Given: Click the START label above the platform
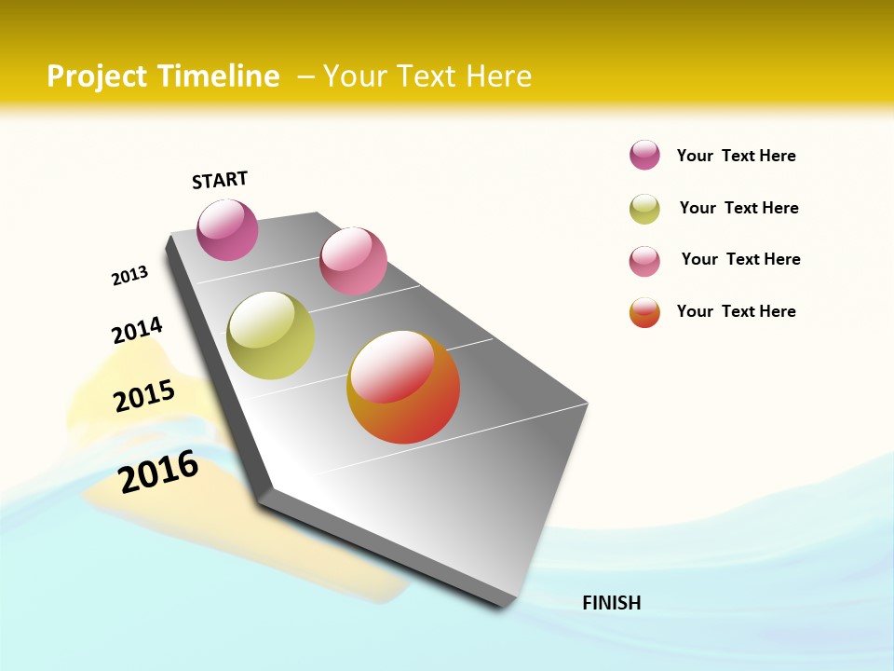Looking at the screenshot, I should pyautogui.click(x=220, y=180).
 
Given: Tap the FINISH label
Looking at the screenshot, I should pyautogui.click(x=612, y=603).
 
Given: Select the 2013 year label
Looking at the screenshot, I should pyautogui.click(x=129, y=276).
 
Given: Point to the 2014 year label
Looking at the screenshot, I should pyautogui.click(x=137, y=330).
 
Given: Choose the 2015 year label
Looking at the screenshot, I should pyautogui.click(x=144, y=395).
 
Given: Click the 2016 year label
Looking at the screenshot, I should pyautogui.click(x=158, y=471).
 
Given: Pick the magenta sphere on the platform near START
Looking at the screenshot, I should pyautogui.click(x=227, y=229).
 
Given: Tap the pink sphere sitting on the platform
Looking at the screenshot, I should pyautogui.click(x=353, y=261).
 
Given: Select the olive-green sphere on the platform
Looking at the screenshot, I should pyautogui.click(x=271, y=335).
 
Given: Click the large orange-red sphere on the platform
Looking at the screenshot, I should pyautogui.click(x=403, y=387).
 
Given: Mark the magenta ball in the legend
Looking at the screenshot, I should pyautogui.click(x=644, y=155).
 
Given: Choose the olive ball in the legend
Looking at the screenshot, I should pyautogui.click(x=644, y=209).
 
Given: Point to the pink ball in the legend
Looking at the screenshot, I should pyautogui.click(x=644, y=261).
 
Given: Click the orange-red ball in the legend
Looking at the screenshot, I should pyautogui.click(x=644, y=312).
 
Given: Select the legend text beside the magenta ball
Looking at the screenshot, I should pyautogui.click(x=736, y=156).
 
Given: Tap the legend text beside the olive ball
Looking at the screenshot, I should pyautogui.click(x=738, y=208).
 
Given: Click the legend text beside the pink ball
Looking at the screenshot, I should pyautogui.click(x=740, y=259).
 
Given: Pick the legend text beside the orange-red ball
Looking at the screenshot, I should pyautogui.click(x=736, y=311).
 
